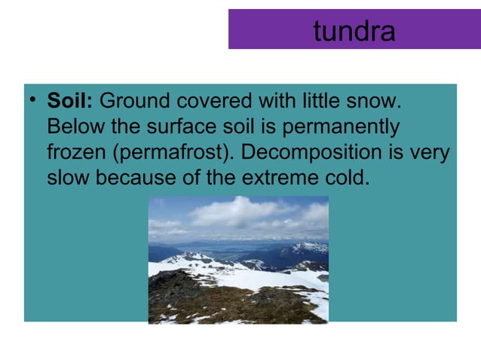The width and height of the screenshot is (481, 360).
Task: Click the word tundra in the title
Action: (x=354, y=31)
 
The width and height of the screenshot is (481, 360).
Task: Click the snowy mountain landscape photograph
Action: (x=238, y=259)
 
